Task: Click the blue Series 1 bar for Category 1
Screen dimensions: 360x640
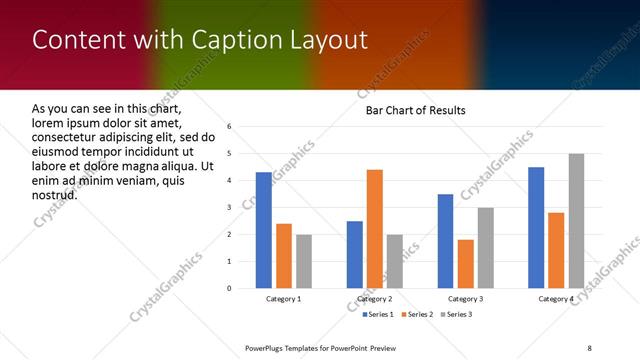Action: point(263,230)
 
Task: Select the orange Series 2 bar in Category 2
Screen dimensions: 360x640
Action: point(374,229)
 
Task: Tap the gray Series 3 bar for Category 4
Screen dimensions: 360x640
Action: point(576,221)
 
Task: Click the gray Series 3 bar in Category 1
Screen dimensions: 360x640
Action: point(303,261)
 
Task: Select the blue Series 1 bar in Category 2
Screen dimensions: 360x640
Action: point(354,255)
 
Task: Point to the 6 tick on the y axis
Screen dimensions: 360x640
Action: point(229,127)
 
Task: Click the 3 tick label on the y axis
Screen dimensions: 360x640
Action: point(229,208)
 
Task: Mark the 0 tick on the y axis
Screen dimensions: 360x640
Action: point(229,289)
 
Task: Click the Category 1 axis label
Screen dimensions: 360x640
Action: point(283,299)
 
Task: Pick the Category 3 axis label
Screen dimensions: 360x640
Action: point(465,299)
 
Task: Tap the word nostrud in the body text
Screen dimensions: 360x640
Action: point(54,194)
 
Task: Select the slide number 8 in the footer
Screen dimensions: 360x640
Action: point(589,348)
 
